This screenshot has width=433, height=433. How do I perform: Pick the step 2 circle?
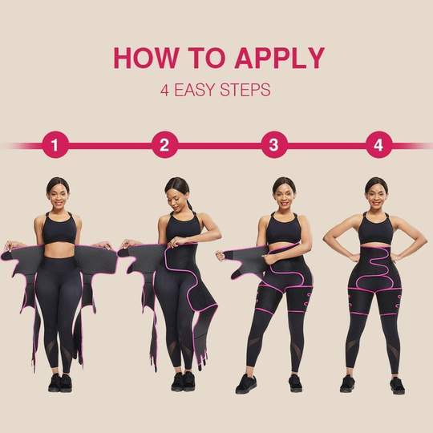pos(164,145)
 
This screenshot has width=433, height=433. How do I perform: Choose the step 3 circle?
pos(273,145)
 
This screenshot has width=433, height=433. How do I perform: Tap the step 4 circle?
pos(378,145)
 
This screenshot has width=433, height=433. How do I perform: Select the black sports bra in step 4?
pos(375,229)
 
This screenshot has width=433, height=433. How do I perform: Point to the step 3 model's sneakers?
pos(269,383)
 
